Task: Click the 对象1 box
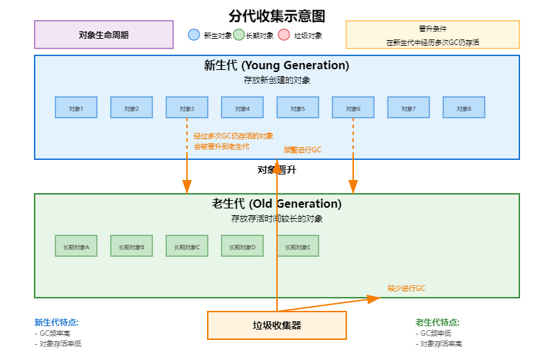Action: pyautogui.click(x=76, y=107)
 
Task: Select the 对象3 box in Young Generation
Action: pyautogui.click(x=187, y=107)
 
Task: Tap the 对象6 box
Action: pyautogui.click(x=353, y=107)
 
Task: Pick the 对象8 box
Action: pyautogui.click(x=464, y=107)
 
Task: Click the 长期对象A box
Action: pyautogui.click(x=76, y=246)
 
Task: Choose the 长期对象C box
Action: pyautogui.click(x=187, y=246)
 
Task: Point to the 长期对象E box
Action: pyautogui.click(x=298, y=246)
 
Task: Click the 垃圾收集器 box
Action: pyautogui.click(x=277, y=325)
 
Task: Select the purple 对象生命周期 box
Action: pyautogui.click(x=104, y=35)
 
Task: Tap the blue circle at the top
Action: pyautogui.click(x=194, y=35)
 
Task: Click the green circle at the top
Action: pyautogui.click(x=239, y=35)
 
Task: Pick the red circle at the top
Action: pyautogui.click(x=284, y=35)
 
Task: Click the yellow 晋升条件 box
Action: pyautogui.click(x=433, y=35)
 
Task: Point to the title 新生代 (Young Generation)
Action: pyautogui.click(x=277, y=66)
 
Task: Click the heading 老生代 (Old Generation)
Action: pyautogui.click(x=277, y=204)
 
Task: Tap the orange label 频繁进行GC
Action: pyautogui.click(x=303, y=150)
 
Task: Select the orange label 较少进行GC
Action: pyautogui.click(x=406, y=288)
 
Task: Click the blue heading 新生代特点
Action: pyautogui.click(x=56, y=322)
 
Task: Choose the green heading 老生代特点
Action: pyautogui.click(x=437, y=322)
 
